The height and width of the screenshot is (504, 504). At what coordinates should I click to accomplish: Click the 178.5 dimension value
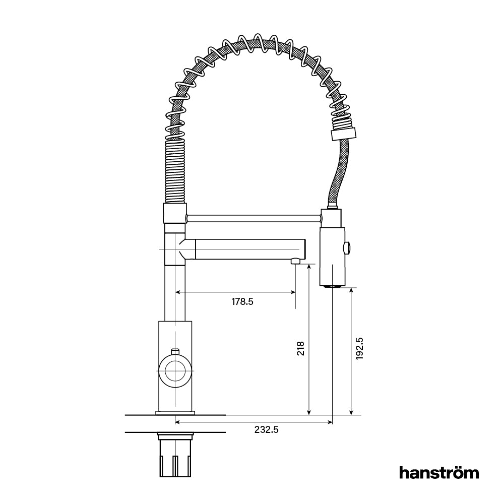click(x=242, y=302)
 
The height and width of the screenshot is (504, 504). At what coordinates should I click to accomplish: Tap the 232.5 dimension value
click(x=267, y=430)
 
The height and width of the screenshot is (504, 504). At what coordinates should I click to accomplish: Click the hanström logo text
click(x=439, y=473)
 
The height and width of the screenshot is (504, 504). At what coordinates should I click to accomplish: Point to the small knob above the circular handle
click(x=175, y=351)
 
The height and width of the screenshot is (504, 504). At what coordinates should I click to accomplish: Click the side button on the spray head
click(x=347, y=247)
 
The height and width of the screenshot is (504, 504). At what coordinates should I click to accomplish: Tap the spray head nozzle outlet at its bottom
click(x=332, y=286)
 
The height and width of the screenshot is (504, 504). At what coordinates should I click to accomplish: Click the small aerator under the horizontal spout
click(x=296, y=261)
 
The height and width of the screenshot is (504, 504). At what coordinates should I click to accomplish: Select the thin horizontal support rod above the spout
click(x=252, y=218)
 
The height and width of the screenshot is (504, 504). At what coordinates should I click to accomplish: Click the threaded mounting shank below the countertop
click(x=175, y=456)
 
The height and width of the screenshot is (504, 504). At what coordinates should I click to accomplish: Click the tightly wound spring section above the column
click(x=175, y=171)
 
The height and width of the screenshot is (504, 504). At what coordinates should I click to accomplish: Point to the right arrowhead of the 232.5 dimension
click(x=330, y=422)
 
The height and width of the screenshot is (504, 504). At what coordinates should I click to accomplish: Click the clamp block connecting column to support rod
click(x=175, y=213)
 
